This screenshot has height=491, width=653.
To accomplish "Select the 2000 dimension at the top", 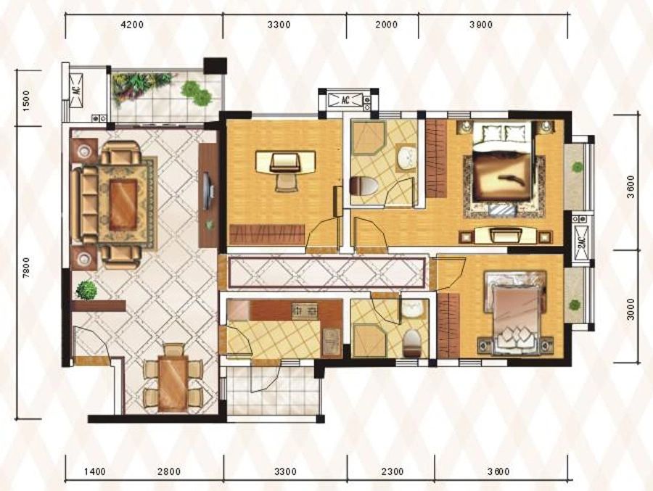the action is coord(386,25).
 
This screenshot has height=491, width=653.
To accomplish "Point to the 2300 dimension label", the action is coord(392,471).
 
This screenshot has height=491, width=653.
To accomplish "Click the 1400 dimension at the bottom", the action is coord(95,471).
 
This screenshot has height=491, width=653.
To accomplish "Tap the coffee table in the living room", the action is coord(123,204).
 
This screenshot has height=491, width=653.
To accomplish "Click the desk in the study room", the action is coord(285,162).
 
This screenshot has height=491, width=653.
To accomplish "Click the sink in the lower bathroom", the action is coord(412,308).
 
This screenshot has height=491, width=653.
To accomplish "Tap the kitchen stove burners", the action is coord(305,310).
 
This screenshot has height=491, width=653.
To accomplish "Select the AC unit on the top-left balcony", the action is coord(76,91).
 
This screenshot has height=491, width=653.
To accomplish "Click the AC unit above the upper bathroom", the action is coord(345,100).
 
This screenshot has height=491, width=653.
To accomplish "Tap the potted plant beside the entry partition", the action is coord(87,290).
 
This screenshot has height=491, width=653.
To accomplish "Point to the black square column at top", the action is coord(215,66).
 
